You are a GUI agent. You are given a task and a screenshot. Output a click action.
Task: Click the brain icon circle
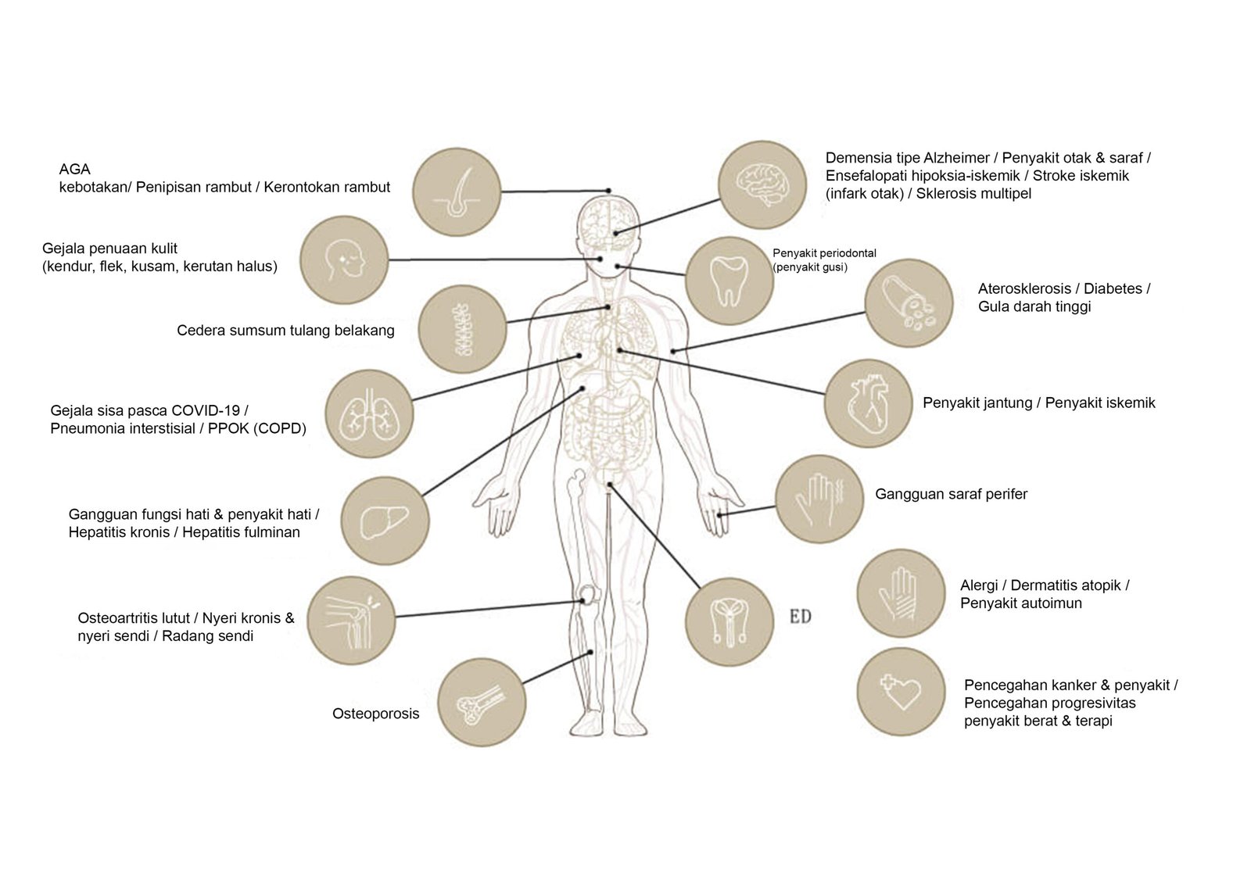pyautogui.click(x=762, y=184)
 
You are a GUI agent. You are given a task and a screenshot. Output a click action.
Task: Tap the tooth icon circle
pyautogui.click(x=729, y=281)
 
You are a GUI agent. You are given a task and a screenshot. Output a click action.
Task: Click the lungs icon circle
pyautogui.click(x=368, y=413)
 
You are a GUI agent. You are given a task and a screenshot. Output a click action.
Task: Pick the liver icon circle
pyautogui.click(x=386, y=521)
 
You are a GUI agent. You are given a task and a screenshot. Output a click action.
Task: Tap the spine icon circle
pyautogui.click(x=462, y=328)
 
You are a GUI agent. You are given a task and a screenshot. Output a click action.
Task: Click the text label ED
pyautogui.click(x=800, y=617)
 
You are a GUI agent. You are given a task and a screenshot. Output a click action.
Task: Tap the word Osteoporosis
pyautogui.click(x=375, y=714)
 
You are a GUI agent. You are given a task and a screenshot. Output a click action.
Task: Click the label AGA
pyautogui.click(x=75, y=169)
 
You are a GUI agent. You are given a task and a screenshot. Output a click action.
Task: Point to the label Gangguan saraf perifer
pyautogui.click(x=951, y=494)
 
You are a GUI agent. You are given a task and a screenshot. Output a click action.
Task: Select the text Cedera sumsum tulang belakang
pyautogui.click(x=285, y=330)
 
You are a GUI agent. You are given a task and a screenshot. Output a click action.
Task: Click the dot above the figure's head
pyautogui.click(x=609, y=190)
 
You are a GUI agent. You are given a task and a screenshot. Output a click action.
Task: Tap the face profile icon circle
pyautogui.click(x=345, y=259)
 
